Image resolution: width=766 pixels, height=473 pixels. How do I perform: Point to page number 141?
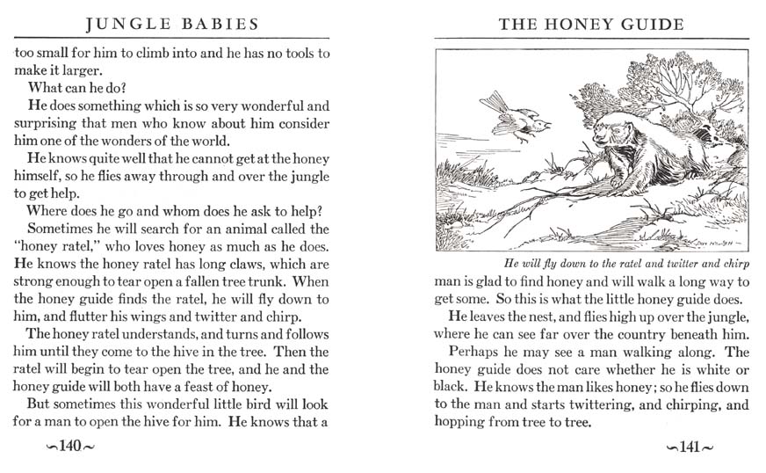689,447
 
